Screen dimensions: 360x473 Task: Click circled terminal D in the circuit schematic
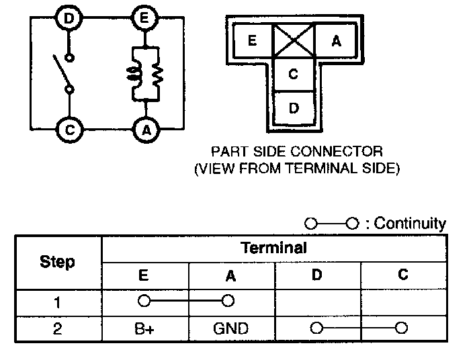tap(69, 19)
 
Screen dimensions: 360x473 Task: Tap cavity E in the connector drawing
tap(252, 41)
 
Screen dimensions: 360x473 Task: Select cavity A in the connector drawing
tap(336, 41)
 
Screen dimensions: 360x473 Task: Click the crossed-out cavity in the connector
tap(294, 41)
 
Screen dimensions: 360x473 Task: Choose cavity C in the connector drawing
tap(293, 74)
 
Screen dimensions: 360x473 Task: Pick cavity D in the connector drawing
tap(293, 107)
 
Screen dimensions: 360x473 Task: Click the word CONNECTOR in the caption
tap(344, 151)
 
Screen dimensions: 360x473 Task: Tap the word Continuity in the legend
tap(410, 224)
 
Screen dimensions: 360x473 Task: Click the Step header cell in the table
tap(58, 262)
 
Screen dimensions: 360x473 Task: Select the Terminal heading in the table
tap(273, 248)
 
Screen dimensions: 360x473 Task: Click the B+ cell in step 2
tap(144, 328)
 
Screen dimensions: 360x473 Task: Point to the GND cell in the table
tap(230, 328)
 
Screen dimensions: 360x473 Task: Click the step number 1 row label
tap(58, 302)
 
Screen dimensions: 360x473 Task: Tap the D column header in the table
tap(317, 275)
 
